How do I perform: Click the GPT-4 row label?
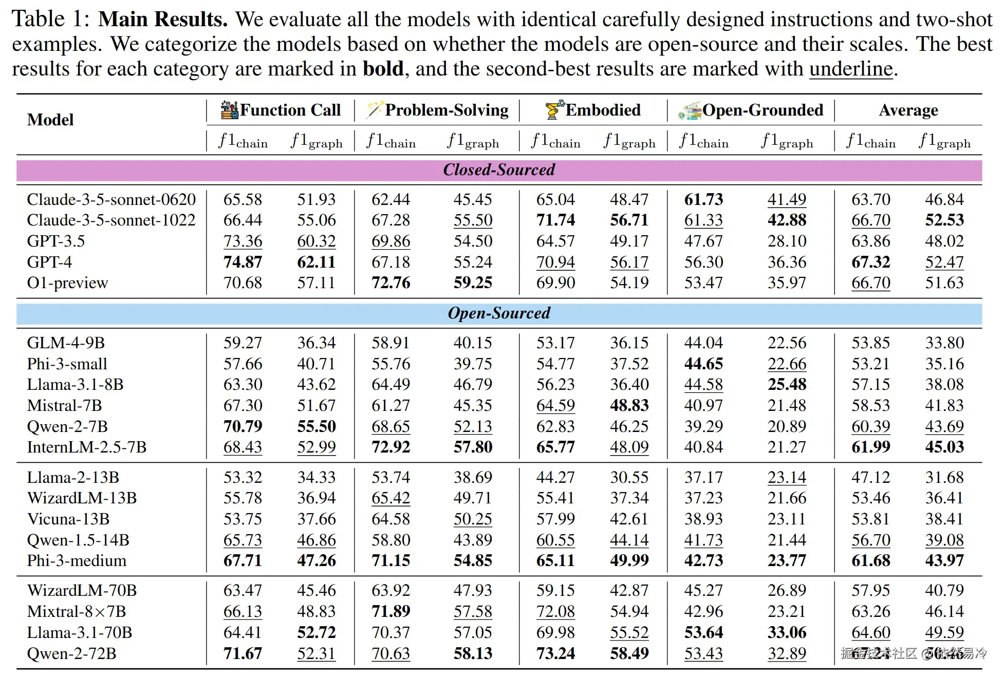pos(49,262)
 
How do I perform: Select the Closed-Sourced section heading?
pos(499,170)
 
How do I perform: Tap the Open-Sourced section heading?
pos(499,313)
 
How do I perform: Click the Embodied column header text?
pos(603,110)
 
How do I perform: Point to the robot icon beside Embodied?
pos(554,109)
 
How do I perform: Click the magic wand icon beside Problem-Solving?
pos(375,109)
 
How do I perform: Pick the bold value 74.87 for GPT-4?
pos(243,262)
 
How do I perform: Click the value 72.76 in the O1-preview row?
pos(391,283)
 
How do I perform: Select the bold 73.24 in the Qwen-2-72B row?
pos(555,653)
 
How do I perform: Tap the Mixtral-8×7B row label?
pos(76,612)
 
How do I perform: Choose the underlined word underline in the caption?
pos(851,69)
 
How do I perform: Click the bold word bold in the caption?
pos(383,69)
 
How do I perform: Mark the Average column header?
pos(908,110)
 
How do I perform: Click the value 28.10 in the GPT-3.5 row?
pos(787,241)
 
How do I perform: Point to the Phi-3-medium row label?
pos(77,560)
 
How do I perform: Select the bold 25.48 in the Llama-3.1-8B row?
pos(787,385)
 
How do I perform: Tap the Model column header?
pos(50,120)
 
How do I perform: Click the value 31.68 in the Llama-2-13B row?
pos(944,478)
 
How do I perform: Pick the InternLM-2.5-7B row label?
pos(86,447)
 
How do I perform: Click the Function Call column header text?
pos(290,110)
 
